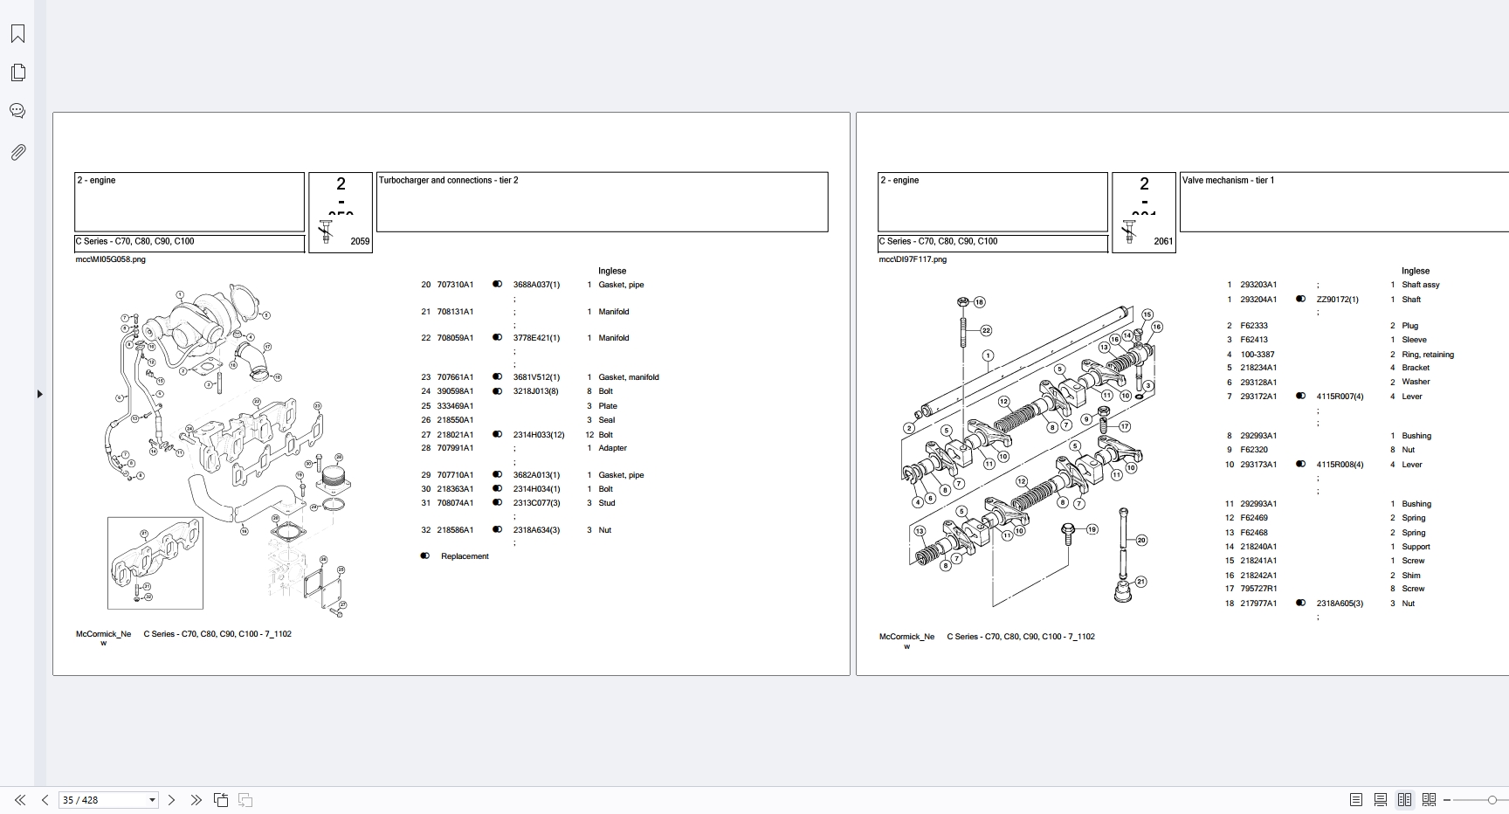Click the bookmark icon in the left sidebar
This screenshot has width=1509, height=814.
coord(17,34)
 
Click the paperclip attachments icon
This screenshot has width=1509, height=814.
coord(17,152)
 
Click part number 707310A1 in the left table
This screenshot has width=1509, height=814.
coord(455,285)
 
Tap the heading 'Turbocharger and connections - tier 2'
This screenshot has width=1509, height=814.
coord(448,181)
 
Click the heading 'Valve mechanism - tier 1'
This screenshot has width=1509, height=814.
coord(1228,181)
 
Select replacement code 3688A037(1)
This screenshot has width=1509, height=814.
coord(536,285)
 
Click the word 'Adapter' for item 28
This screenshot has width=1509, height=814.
coord(612,448)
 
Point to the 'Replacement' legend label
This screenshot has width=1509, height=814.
coord(465,556)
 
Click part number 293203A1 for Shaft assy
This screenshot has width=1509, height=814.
coord(1258,285)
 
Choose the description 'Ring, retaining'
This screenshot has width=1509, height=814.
coord(1428,355)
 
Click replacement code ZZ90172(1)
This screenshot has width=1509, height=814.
coord(1337,300)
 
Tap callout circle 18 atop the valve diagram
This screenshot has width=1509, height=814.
coord(979,302)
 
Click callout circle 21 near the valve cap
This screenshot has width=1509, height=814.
coord(1140,582)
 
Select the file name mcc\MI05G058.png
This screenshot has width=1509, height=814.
coord(111,259)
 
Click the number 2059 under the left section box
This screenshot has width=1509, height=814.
coord(360,242)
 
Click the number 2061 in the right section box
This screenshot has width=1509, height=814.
coord(1163,242)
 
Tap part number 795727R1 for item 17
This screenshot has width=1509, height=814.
coord(1258,589)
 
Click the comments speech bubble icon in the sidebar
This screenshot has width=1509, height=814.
coord(17,111)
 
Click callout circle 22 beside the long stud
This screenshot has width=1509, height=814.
coord(986,330)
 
